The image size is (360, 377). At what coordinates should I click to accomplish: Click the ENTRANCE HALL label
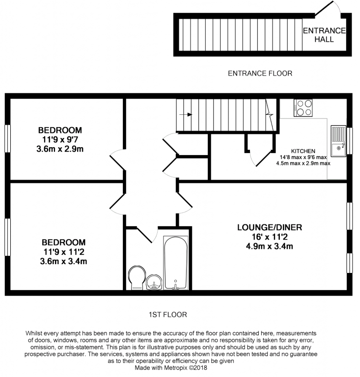point(324,35)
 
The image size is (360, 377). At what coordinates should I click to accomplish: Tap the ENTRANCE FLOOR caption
point(260,73)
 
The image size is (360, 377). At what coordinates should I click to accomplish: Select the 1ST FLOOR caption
point(168,315)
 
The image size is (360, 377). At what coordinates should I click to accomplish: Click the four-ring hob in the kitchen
point(303,108)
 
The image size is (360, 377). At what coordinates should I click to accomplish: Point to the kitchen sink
point(338,141)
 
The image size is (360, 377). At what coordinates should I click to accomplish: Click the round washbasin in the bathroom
point(154,282)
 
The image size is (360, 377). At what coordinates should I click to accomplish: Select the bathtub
point(175,263)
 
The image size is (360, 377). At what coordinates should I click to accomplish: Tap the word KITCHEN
point(303,151)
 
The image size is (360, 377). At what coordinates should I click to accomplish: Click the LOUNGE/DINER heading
point(270,227)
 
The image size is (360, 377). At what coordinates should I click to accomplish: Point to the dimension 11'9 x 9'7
point(60,139)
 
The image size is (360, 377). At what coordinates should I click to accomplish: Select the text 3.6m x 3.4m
point(63,261)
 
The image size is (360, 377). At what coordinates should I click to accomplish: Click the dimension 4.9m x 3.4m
point(269,246)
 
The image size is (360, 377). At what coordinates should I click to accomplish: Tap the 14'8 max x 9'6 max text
point(303,157)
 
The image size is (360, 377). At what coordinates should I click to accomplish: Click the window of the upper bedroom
point(8,138)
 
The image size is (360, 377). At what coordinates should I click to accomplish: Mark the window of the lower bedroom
point(8,237)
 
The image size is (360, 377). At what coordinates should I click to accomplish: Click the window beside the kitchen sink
point(349,141)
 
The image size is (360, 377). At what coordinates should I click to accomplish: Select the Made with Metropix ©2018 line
point(171,368)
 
